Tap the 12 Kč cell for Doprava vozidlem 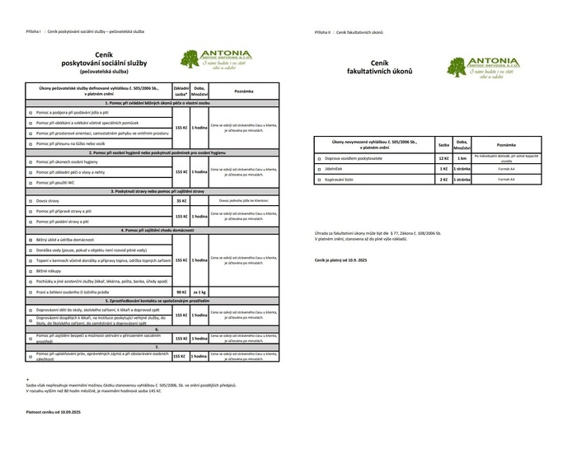(x=443, y=157)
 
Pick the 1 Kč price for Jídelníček (x=443, y=168)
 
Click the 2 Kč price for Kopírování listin (x=443, y=179)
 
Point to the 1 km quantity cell (x=462, y=157)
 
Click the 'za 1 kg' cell (x=199, y=292)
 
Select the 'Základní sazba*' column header (x=181, y=91)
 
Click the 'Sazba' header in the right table (x=443, y=143)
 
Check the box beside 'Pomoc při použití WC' (x=30, y=182)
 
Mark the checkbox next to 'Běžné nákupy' (x=30, y=270)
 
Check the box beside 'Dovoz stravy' (x=30, y=200)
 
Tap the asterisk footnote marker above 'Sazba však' (x=27, y=377)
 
